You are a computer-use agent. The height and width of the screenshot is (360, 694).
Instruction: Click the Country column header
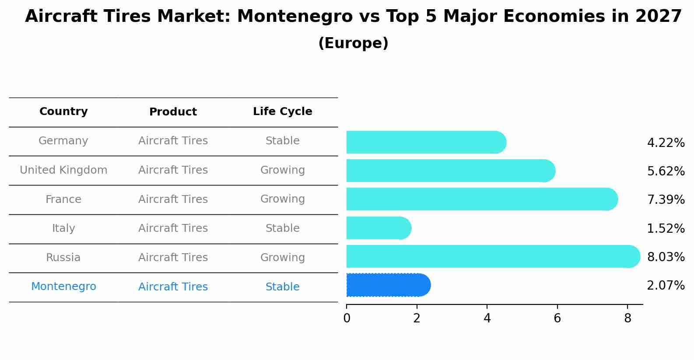coord(63,112)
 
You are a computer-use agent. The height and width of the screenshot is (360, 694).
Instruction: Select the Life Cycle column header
coord(282,112)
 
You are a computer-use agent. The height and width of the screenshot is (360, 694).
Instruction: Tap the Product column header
coord(173,112)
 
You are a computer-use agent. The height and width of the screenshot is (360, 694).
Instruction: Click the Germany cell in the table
coord(63,141)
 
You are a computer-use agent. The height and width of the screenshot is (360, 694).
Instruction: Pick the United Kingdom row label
coord(63,170)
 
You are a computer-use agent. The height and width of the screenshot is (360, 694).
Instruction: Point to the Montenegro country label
coord(63,287)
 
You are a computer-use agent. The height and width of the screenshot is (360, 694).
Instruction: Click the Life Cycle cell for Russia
coord(282,258)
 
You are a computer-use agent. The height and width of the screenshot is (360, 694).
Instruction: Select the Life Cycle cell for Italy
coord(282,228)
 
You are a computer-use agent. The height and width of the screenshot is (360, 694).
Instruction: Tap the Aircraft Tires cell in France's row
coord(173,199)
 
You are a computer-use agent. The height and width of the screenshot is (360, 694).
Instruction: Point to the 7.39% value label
coord(666,200)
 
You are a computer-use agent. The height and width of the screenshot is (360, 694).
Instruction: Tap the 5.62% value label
coord(666,171)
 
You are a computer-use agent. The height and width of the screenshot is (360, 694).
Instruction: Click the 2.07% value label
coord(666,286)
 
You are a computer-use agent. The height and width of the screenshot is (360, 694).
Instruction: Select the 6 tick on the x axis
coord(557,318)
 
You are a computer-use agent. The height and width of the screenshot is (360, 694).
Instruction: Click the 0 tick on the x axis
coord(347,318)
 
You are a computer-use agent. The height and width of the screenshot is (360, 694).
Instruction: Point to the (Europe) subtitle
coord(353,43)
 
